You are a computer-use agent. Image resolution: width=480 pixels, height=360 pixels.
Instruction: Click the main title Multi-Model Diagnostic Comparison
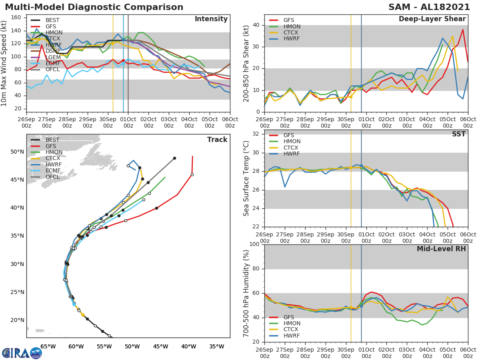click(x=94, y=7)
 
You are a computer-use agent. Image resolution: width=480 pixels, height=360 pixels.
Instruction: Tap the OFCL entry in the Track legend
click(x=52, y=177)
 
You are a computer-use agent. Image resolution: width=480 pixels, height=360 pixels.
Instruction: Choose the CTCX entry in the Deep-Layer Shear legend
click(x=291, y=32)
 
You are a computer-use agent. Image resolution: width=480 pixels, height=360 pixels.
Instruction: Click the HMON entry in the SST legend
click(x=292, y=142)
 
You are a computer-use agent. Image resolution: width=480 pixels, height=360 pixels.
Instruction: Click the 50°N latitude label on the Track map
click(x=17, y=152)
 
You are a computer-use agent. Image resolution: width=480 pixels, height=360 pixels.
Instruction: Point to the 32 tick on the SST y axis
click(x=256, y=134)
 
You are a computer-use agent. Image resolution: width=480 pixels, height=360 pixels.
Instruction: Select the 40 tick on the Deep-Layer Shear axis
click(x=256, y=25)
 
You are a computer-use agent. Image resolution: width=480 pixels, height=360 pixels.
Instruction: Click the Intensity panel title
click(x=211, y=19)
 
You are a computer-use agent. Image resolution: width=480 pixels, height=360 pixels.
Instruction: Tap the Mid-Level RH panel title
click(x=441, y=249)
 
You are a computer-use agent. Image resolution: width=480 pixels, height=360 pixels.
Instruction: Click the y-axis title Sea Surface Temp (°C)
click(x=246, y=178)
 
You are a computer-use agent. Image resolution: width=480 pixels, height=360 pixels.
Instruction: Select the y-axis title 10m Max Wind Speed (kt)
click(x=4, y=63)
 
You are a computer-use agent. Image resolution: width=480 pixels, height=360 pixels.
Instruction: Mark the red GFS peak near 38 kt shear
click(x=463, y=29)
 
